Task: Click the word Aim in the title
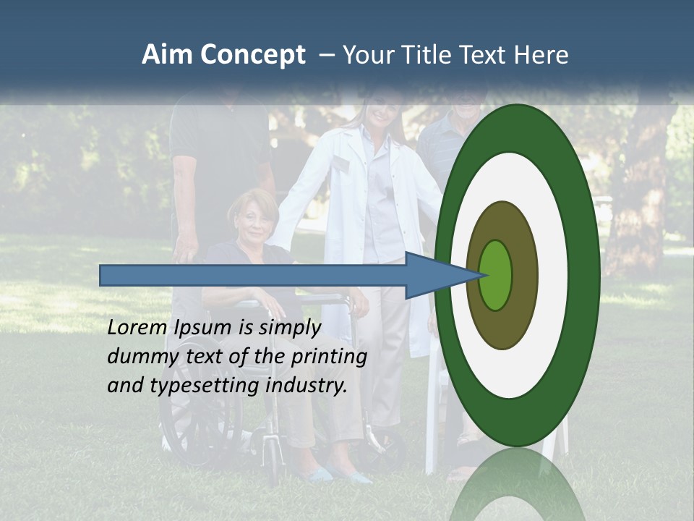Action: click(x=165, y=55)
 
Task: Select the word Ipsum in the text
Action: click(x=203, y=328)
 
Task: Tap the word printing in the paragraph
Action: click(x=329, y=357)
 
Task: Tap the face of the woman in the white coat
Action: click(x=379, y=109)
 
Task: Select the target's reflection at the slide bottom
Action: click(x=518, y=485)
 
